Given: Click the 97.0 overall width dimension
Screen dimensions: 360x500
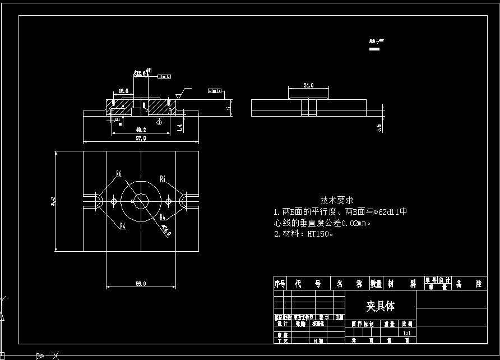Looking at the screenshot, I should coord(140,139).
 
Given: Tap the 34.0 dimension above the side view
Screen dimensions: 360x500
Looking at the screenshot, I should coord(308,86).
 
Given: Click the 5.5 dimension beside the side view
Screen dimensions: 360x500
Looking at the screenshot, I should coord(379,128).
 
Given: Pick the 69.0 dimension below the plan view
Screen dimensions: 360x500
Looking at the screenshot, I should coord(140,284).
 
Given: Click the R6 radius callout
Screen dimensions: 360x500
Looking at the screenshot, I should coord(119,174).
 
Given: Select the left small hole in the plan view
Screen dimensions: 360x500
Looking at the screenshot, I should coord(114,201).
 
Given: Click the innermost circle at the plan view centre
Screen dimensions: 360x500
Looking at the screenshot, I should coord(140,201).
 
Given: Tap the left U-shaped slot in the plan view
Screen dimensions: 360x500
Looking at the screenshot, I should coord(94,201).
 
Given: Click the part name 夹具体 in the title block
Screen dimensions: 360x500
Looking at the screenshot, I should coord(381,306).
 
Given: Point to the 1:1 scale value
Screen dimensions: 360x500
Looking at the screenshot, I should coord(408,333).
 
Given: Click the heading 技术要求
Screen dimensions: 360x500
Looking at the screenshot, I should coord(337,200).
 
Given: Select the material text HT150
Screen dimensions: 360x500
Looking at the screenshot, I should coord(320,234).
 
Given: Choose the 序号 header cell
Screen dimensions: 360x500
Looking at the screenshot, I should coord(280,284).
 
